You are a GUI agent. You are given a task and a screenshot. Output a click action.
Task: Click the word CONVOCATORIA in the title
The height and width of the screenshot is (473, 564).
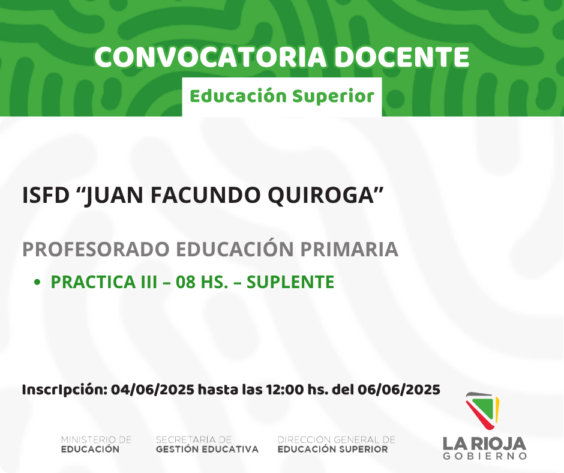click(211, 57)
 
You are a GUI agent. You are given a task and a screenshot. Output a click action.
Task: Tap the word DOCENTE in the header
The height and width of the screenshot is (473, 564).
click(402, 57)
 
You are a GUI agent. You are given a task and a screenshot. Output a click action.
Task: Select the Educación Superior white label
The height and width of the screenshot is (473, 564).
click(282, 97)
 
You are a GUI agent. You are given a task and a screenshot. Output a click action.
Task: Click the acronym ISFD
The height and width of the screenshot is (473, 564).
click(46, 195)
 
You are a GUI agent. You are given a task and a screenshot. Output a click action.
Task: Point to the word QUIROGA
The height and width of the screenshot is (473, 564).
click(326, 195)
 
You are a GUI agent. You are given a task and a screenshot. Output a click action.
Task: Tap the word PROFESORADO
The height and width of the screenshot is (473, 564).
click(96, 249)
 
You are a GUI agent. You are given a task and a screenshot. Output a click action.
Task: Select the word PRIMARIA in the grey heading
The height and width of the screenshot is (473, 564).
click(349, 249)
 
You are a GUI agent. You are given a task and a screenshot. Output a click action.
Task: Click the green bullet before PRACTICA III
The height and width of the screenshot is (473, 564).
click(37, 282)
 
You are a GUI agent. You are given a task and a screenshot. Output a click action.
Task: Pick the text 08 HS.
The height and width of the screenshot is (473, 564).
click(202, 282)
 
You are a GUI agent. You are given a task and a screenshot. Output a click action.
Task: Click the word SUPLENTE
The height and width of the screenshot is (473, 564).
click(290, 282)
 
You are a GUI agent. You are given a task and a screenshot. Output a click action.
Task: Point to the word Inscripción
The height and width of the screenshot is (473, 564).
click(65, 390)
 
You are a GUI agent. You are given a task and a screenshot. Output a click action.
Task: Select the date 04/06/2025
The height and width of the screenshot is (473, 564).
click(152, 390)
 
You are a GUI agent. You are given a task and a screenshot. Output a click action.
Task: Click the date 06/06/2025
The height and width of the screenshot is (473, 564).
click(399, 390)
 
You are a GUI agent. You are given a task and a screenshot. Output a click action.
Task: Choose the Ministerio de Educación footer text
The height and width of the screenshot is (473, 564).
click(96, 445)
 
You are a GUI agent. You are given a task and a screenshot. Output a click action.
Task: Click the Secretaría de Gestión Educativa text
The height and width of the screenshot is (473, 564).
click(207, 445)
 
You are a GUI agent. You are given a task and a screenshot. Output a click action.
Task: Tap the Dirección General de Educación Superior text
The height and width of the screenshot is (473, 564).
click(337, 445)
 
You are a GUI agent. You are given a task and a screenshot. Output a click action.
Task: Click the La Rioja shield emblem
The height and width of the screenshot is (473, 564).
click(482, 411)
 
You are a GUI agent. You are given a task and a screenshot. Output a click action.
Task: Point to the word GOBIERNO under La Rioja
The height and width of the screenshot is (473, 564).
click(485, 456)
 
